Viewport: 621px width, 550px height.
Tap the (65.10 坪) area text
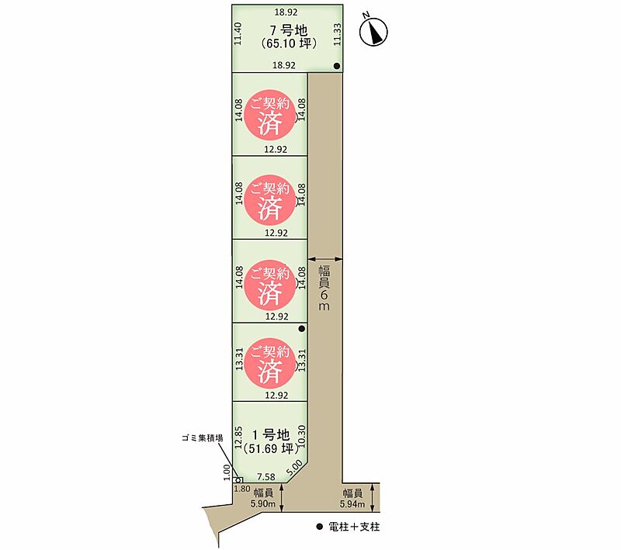pyautogui.click(x=289, y=43)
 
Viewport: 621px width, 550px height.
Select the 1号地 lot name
pyautogui.click(x=271, y=435)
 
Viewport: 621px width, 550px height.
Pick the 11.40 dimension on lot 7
pyautogui.click(x=238, y=33)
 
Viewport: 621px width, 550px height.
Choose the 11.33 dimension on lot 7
pyautogui.click(x=337, y=34)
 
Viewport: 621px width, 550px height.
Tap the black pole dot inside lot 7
pyautogui.click(x=337, y=66)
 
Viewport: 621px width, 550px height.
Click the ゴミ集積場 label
pyautogui.click(x=203, y=438)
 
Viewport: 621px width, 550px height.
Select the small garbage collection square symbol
pyautogui.click(x=239, y=479)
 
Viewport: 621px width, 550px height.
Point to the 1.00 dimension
pyautogui.click(x=227, y=472)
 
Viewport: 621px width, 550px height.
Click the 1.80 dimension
pyautogui.click(x=242, y=489)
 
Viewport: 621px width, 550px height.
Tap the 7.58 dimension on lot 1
pyautogui.click(x=266, y=477)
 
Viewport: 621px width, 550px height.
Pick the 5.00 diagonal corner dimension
pyautogui.click(x=295, y=469)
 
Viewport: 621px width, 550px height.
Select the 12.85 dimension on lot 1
pyautogui.click(x=238, y=437)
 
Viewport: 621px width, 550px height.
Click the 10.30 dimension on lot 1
pyautogui.click(x=302, y=436)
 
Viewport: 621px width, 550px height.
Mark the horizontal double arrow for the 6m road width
pyautogui.click(x=325, y=259)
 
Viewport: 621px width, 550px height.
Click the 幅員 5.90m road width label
pyautogui.click(x=263, y=498)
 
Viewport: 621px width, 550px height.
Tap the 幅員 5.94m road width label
pyautogui.click(x=352, y=498)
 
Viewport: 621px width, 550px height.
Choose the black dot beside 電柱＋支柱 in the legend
pyautogui.click(x=320, y=527)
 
